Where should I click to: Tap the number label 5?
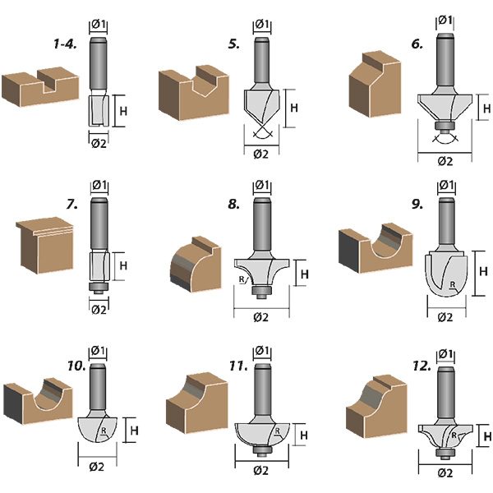(x=234, y=44)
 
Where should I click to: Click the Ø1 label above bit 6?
(x=445, y=19)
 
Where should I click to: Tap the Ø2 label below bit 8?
(x=262, y=317)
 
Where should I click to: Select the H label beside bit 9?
(x=482, y=270)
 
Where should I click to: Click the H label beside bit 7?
(x=123, y=266)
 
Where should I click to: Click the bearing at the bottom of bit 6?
(x=445, y=126)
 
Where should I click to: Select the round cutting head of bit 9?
(x=446, y=270)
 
